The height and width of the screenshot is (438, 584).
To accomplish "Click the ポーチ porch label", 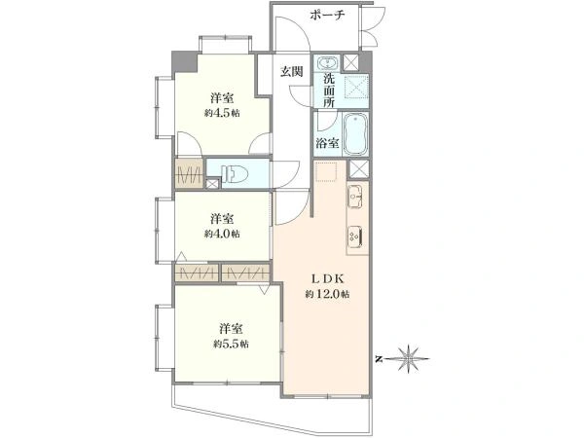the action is coord(327,16).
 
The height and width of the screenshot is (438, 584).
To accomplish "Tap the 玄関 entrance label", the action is coord(292,71).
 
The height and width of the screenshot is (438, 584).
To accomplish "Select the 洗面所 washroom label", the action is coord(329,91).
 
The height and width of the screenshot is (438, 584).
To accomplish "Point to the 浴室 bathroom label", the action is coord(327,143).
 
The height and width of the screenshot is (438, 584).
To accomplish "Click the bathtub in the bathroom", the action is coord(355,134).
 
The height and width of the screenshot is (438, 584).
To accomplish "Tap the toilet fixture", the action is coord(234,174).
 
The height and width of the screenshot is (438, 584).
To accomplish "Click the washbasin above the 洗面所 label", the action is coord(327,62).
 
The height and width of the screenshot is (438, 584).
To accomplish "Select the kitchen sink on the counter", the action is coord(355,196).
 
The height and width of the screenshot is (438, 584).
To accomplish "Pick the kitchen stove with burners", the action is coord(355,237).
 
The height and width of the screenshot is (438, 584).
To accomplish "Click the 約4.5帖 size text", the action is coord(222,113).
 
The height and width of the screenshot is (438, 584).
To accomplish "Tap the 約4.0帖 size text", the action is coord(222,234).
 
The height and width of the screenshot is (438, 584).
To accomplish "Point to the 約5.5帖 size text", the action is coord(231,344).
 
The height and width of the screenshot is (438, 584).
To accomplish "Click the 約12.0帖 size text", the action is coord(327,294).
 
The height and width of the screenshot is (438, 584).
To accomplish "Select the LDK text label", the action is coord(327,278).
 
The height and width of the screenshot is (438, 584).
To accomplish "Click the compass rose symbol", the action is coord(409,359).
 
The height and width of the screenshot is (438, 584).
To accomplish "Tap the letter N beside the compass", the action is coord(380,359).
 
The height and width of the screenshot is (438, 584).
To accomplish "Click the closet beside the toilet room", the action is coord(189,173).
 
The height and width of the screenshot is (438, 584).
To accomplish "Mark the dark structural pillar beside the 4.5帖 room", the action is coord(185,62).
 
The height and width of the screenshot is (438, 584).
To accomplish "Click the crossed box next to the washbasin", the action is coord(350,62).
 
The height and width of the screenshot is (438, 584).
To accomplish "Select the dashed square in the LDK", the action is coord(327,171).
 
